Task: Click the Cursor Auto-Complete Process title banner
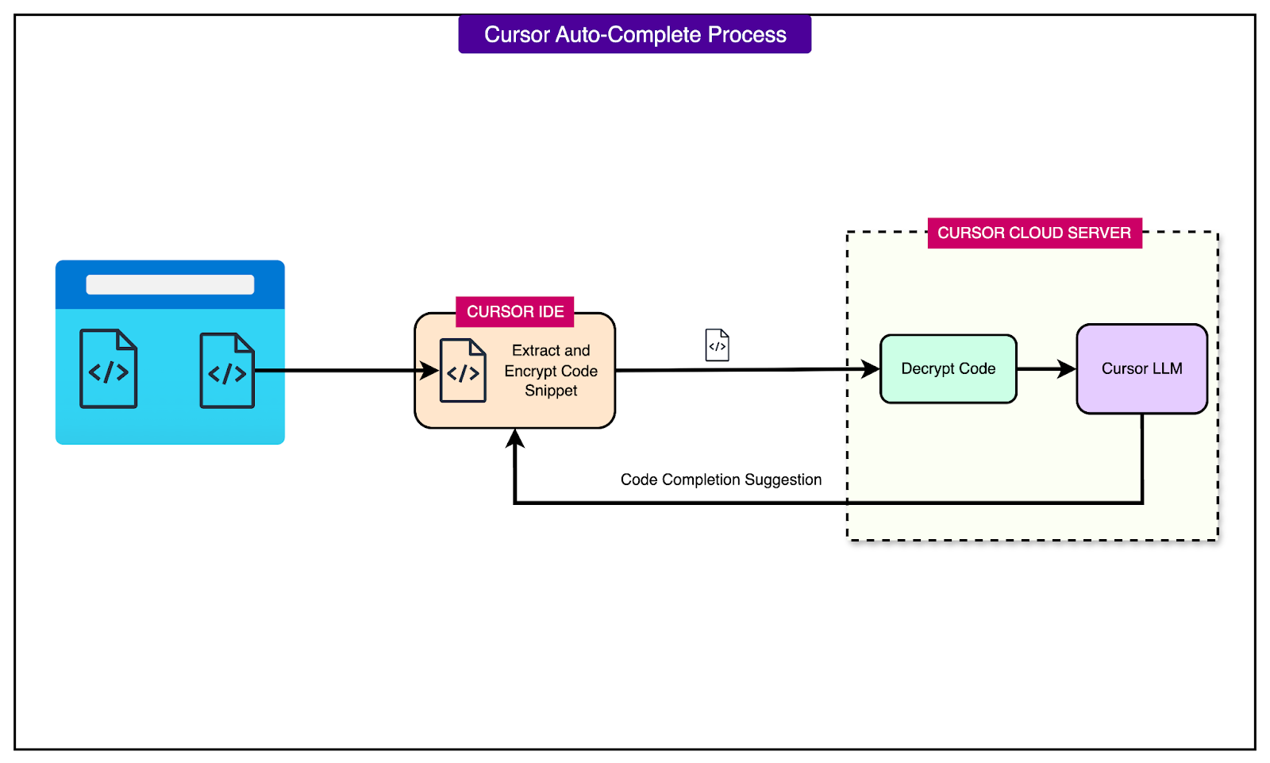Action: [x=634, y=35]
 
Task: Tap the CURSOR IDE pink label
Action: [x=515, y=312]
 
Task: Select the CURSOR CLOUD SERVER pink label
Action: [x=1033, y=233]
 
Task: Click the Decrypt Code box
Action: [x=948, y=369]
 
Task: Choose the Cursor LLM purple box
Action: [x=1141, y=369]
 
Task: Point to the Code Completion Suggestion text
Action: [x=721, y=480]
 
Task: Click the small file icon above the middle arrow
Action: [x=717, y=345]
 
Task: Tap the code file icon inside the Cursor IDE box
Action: [x=463, y=371]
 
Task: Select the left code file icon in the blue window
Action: [x=109, y=369]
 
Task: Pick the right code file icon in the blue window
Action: [x=227, y=371]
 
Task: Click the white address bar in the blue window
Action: [x=170, y=285]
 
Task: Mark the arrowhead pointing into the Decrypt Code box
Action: [x=871, y=369]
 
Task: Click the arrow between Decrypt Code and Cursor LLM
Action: [x=1046, y=369]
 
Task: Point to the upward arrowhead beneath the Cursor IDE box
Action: [x=515, y=439]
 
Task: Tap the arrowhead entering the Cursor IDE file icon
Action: [x=429, y=371]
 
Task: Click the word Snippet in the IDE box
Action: [x=551, y=391]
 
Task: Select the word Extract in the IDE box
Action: [x=536, y=351]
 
